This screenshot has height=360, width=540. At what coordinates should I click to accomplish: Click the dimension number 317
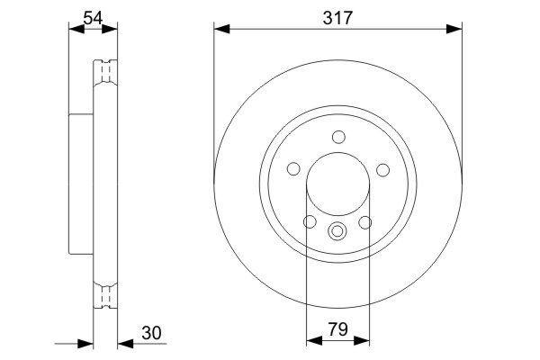[x=338, y=15]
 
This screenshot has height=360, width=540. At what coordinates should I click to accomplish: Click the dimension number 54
[x=93, y=15]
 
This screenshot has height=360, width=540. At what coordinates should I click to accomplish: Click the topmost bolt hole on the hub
[x=338, y=137]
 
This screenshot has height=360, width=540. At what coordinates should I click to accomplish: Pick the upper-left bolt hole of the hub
[x=293, y=169]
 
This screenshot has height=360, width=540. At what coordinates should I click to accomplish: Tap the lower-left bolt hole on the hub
[x=310, y=222]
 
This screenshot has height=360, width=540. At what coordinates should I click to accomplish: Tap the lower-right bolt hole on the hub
[x=366, y=222]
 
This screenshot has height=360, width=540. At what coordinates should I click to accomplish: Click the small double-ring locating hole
[x=338, y=230]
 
